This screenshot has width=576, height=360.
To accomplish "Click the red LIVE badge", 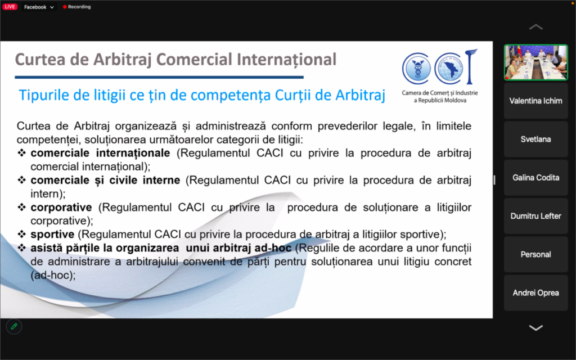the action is pos(10,7).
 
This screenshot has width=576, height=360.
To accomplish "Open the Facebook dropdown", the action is pos(39,7).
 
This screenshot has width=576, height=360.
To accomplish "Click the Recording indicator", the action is pos(76,7).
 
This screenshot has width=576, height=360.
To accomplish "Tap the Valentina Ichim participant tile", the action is pos(535,101).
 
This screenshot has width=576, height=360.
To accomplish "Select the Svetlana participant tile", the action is pos(535,139).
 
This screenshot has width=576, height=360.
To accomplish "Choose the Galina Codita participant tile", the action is pos(535,177).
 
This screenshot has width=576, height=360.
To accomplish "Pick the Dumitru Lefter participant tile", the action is pos(535,216).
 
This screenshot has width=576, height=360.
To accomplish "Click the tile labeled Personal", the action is pos(535,254).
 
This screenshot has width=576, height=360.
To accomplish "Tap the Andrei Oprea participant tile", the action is pos(535,292).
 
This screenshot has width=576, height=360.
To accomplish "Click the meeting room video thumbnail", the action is pos(535,62).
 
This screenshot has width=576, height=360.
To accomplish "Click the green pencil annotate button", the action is pos(14,326).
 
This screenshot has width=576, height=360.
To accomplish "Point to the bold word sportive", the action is pos(52,235).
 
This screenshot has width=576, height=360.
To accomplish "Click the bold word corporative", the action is pos(61,207).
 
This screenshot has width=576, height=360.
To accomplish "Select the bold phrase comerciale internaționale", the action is pos(100,153).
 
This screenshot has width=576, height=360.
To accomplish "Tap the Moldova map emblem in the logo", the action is pos(449,68).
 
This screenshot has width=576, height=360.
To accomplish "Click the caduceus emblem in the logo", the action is pos(417,68).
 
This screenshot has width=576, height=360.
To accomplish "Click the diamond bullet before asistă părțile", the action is pos(22,248).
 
